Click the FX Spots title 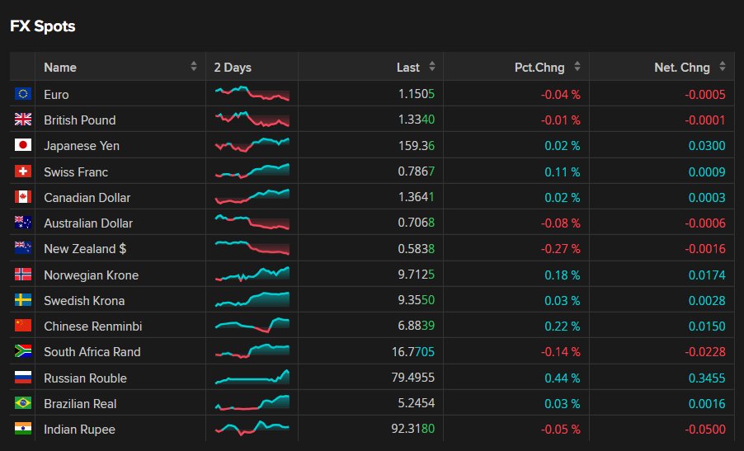pos(43,26)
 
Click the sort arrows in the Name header pos(194,67)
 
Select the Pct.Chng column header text pos(539,68)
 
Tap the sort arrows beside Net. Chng pos(723,67)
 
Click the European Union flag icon pos(23,94)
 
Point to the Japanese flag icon pos(23,145)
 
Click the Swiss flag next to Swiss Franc pos(23,171)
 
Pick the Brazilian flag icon pos(23,403)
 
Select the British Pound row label pos(80,120)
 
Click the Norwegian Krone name pos(91,275)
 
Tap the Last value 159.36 pos(416,146)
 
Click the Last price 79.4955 pos(412,378)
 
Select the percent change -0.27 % pos(560,249)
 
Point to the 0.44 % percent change pos(563,378)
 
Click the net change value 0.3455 pos(707,378)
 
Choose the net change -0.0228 pos(705,352)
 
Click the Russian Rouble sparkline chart pos(252,377)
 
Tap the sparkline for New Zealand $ pos(252,247)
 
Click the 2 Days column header pos(233,68)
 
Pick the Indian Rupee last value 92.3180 pos(412,429)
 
